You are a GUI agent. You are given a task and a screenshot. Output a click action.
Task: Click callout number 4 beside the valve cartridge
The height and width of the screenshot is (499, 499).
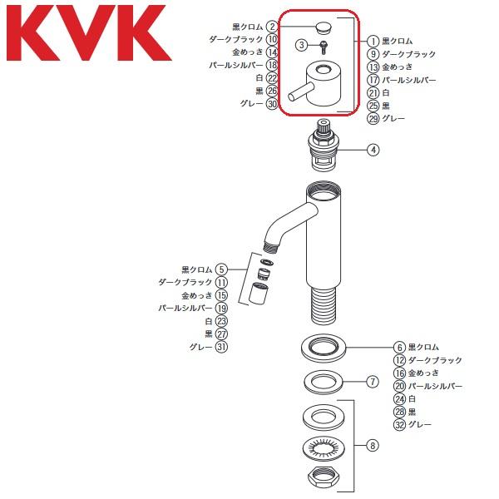click(x=374, y=150)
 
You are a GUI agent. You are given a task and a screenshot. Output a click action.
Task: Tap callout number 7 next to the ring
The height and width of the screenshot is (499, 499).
click(x=373, y=383)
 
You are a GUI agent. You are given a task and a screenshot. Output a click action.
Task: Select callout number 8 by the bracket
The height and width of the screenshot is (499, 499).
click(x=373, y=445)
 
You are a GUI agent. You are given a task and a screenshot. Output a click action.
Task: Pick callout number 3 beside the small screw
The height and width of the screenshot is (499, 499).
click(x=301, y=43)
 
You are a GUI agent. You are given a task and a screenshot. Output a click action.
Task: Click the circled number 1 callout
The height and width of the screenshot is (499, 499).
click(x=374, y=41)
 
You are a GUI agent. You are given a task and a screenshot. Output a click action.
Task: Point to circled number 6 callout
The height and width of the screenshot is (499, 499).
click(x=399, y=347)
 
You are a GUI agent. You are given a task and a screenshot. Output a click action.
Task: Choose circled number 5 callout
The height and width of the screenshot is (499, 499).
click(x=221, y=269)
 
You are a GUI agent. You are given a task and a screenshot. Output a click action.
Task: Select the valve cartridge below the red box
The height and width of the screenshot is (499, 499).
click(x=325, y=147)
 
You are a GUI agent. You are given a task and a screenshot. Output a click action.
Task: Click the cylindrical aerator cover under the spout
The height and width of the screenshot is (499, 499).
click(x=259, y=294)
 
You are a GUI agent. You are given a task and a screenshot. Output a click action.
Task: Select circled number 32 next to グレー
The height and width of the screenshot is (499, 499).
click(x=400, y=425)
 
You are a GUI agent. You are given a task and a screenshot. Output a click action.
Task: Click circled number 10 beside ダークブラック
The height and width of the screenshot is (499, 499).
click(x=271, y=39)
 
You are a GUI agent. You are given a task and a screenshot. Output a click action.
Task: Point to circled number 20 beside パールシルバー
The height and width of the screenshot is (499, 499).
click(x=400, y=386)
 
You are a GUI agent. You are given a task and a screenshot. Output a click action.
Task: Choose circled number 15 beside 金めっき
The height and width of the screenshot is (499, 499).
click(x=221, y=295)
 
